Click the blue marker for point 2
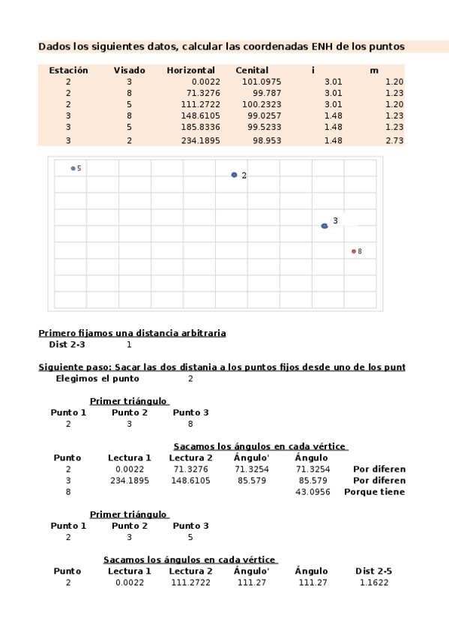(234, 175)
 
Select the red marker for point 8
(354, 251)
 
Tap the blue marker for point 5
(73, 169)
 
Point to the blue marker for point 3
(325, 226)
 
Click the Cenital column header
(252, 70)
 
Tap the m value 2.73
(394, 140)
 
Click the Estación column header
(68, 70)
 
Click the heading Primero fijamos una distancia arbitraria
(132, 333)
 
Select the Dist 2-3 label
(67, 345)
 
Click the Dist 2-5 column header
(373, 571)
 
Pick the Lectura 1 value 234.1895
(130, 480)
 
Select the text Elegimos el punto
(97, 379)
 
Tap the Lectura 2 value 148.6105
(190, 480)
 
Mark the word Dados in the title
(53, 46)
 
